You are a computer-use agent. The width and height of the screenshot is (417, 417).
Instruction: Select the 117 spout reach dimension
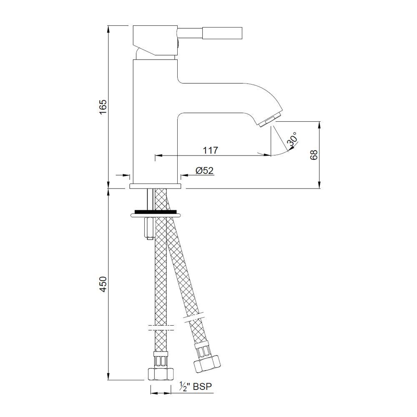[211, 150]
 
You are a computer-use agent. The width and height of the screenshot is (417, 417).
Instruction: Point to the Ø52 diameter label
[204, 170]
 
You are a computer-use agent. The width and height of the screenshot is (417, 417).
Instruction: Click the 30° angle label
[293, 140]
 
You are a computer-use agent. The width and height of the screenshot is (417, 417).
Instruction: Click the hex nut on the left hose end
[160, 373]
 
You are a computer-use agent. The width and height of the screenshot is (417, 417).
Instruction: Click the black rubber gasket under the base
[156, 211]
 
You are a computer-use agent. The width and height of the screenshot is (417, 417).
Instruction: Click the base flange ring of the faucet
[156, 186]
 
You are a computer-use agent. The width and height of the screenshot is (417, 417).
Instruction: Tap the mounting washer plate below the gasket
[156, 215]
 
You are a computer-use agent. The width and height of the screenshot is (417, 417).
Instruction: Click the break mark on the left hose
[161, 327]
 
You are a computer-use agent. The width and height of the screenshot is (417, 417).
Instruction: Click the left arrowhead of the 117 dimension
[158, 156]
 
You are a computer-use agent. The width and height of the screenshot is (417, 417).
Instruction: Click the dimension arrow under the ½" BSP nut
[160, 393]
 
